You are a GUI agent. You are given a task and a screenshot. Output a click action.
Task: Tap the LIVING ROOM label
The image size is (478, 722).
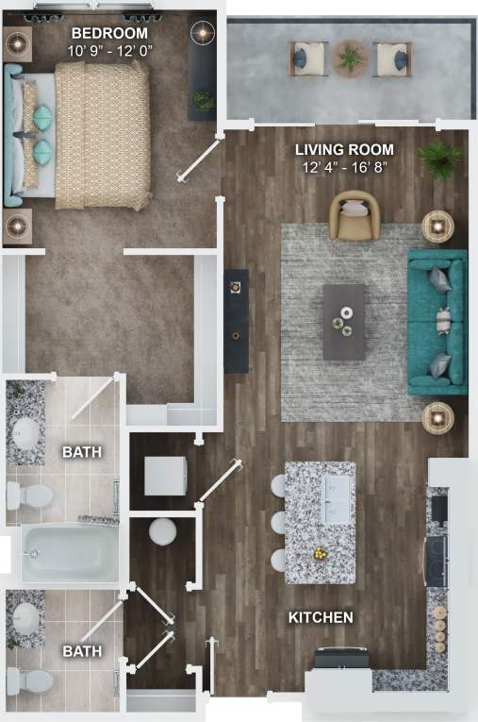(x=344, y=150)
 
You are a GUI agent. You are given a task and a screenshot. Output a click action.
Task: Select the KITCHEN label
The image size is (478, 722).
(x=321, y=618)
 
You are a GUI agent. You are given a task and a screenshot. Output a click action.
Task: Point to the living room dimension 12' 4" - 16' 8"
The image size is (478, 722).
(x=344, y=168)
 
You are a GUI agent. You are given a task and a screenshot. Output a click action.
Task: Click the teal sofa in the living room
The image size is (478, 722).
(x=437, y=322)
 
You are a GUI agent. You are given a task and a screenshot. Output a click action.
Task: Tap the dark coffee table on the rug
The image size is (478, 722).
(x=343, y=322)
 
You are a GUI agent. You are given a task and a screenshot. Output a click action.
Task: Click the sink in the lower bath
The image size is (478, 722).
(x=26, y=620)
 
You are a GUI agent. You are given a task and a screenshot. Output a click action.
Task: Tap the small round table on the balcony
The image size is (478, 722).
(x=352, y=59)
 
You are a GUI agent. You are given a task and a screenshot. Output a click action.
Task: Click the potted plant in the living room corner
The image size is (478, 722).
(x=439, y=160)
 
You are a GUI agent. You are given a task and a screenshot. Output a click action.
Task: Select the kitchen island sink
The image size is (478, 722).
(x=335, y=497)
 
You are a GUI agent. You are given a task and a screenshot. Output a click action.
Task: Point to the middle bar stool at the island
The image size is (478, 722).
(x=278, y=522)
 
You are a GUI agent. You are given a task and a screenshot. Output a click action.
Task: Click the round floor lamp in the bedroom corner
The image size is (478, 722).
(x=203, y=33)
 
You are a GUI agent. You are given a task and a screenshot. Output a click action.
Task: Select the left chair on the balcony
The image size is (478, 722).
(x=308, y=59)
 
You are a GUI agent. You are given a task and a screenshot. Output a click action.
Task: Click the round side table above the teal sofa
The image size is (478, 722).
(x=437, y=226)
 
